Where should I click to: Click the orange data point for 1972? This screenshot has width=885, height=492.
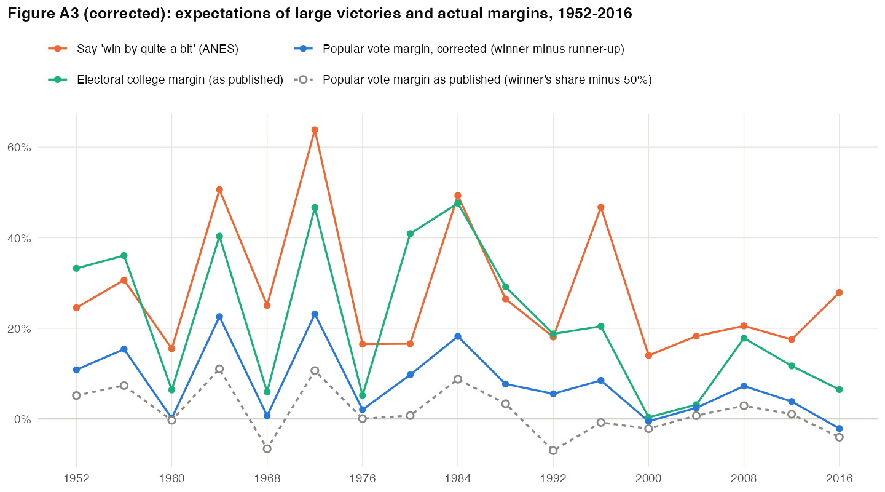click(x=315, y=130)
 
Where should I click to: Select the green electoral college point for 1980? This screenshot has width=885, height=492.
click(x=410, y=234)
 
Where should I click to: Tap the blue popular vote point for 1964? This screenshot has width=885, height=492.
click(x=219, y=317)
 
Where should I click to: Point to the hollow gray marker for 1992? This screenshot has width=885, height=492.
click(x=553, y=451)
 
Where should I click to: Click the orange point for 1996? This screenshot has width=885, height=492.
click(x=601, y=208)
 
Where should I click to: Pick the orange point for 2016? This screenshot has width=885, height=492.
click(x=839, y=293)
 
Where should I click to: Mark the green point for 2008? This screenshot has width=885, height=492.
click(x=744, y=338)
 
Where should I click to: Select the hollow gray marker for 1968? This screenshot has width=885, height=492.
click(x=267, y=449)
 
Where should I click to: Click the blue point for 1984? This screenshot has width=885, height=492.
click(x=458, y=336)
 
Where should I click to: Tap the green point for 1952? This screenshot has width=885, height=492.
click(x=76, y=269)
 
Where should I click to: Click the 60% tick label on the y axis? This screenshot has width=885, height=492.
click(x=19, y=148)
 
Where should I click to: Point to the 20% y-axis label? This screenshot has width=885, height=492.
click(x=19, y=328)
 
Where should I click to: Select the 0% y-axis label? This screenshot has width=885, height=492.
click(x=23, y=419)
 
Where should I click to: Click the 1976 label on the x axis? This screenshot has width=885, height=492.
click(x=363, y=478)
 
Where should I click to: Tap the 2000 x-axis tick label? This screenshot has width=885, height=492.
click(x=648, y=478)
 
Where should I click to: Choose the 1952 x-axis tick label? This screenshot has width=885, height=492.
click(x=76, y=478)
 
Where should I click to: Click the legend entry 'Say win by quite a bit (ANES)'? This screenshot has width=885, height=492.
click(x=143, y=49)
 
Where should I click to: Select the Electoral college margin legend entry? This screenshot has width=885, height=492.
click(x=166, y=80)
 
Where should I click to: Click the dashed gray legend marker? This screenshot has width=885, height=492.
click(x=303, y=80)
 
